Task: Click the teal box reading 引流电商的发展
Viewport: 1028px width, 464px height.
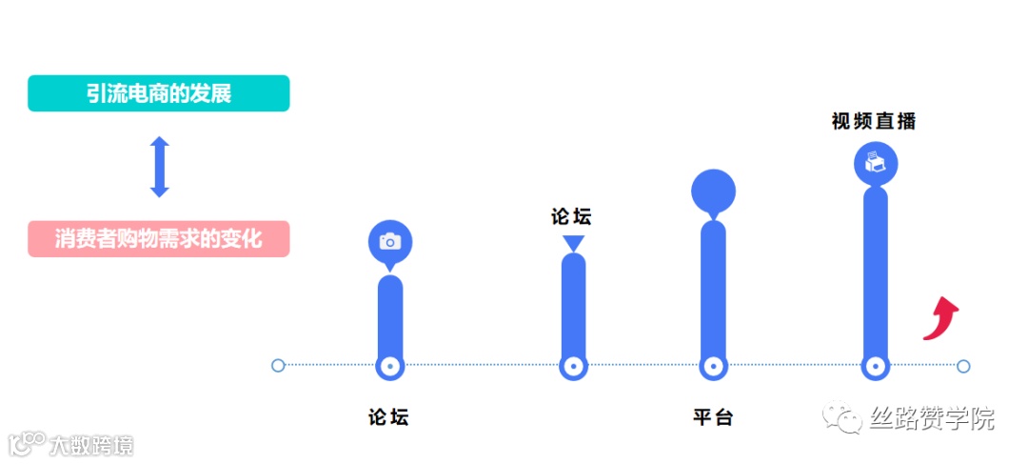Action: coord(158,93)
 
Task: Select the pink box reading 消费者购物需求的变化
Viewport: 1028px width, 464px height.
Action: coord(158,238)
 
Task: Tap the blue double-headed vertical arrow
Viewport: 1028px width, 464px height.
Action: coord(160,167)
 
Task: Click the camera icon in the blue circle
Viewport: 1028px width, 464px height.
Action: coord(390,241)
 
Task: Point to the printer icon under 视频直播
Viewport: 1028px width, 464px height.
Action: coord(876,164)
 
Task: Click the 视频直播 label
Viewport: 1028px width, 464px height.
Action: coord(873,121)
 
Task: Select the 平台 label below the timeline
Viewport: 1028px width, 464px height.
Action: coord(713,417)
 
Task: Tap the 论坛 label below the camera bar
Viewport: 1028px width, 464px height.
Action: coord(388,417)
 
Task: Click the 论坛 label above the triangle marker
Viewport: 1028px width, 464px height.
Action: coord(571,216)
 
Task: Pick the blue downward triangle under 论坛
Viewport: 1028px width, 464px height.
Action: coord(573,244)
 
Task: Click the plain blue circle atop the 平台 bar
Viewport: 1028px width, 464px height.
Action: coord(713,192)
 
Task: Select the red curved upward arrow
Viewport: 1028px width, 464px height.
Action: coord(941,317)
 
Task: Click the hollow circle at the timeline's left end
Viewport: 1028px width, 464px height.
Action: coord(278,365)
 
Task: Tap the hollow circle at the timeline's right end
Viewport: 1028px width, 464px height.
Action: coord(963,366)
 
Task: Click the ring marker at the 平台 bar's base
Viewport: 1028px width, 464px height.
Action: coord(712,366)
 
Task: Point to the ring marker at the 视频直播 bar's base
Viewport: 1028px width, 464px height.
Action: coord(875,366)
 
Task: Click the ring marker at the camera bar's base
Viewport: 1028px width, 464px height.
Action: coord(389,366)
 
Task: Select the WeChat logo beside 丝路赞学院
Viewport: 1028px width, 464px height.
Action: coord(844,418)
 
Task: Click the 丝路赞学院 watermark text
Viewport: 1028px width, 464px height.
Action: coord(932,418)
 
